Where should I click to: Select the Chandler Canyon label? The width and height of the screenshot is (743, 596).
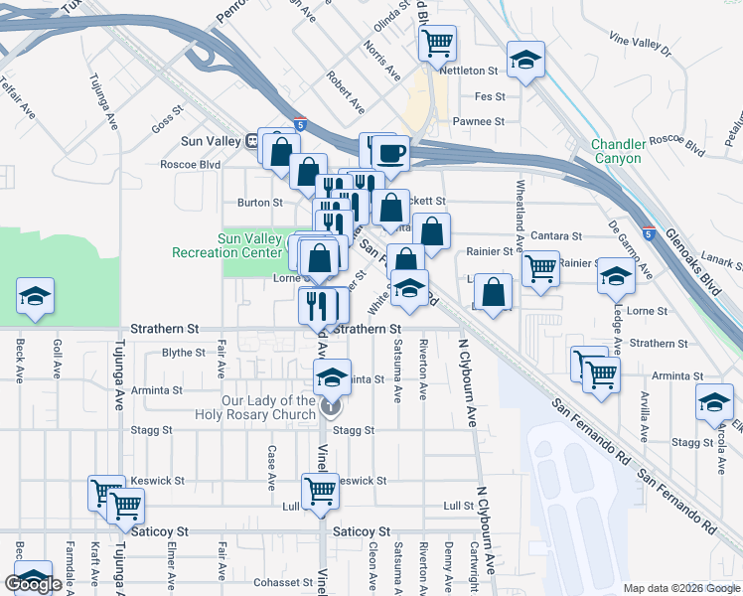click(x=618, y=151)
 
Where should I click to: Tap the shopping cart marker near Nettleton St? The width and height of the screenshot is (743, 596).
click(x=438, y=44)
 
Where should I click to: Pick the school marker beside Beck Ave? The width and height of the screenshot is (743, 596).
click(x=35, y=296)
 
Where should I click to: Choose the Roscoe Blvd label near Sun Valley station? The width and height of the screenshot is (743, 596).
click(x=190, y=165)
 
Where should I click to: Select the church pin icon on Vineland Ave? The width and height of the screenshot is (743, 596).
click(x=332, y=406)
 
